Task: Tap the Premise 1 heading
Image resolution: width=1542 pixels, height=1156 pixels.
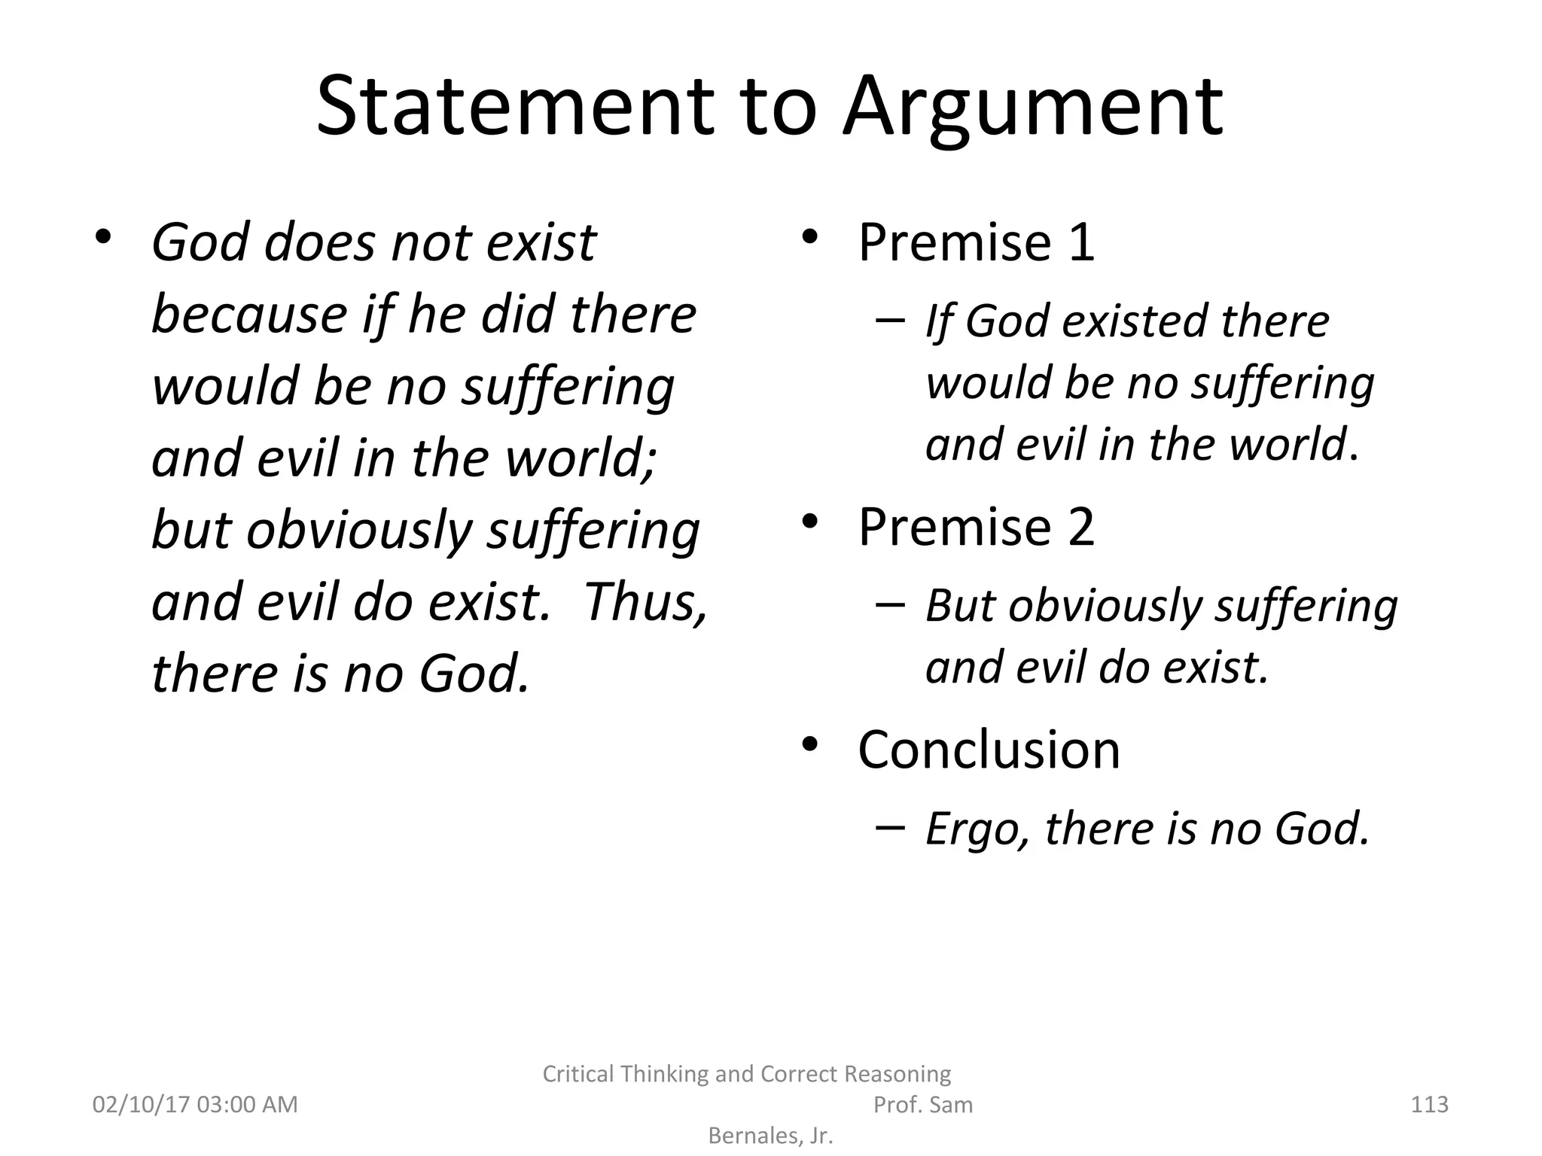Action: (976, 242)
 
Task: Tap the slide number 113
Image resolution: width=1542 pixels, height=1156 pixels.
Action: (1429, 1104)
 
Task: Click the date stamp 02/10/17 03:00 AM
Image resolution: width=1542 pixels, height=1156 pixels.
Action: (195, 1104)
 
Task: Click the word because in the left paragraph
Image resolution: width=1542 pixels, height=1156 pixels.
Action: (248, 315)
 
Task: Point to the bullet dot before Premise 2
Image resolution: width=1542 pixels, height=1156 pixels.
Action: (809, 521)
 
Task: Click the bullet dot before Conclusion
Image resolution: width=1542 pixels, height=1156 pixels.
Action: (809, 744)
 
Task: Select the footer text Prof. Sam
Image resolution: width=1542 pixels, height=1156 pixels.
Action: (922, 1104)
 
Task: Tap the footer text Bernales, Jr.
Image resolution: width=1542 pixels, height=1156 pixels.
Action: (770, 1135)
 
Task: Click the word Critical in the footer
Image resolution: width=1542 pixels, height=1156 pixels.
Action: (580, 1073)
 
